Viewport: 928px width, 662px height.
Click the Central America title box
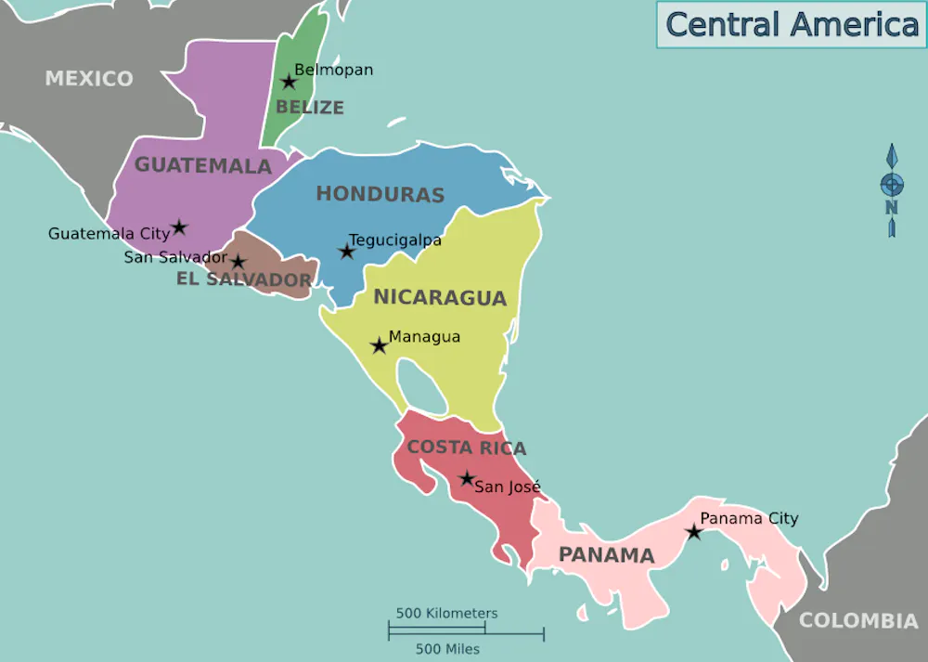point(791,24)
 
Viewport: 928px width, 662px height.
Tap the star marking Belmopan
point(289,82)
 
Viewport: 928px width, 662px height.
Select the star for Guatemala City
point(179,227)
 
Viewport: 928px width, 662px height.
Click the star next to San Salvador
point(238,262)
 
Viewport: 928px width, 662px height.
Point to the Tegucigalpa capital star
point(346,251)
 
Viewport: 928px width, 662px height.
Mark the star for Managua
point(379,345)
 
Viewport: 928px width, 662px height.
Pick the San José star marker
point(467,478)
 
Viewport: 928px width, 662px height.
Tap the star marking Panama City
point(693,532)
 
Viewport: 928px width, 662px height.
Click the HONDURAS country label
point(380,194)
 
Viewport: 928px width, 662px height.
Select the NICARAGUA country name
point(439,298)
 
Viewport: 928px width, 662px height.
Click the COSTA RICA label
point(466,448)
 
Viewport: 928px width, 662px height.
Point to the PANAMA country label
point(606,555)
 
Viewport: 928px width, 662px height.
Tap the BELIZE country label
point(309,108)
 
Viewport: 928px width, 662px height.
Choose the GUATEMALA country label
point(202,165)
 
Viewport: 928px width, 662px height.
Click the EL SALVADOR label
point(244,279)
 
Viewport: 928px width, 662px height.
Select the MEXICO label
point(89,78)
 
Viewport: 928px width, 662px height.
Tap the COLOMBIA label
point(858,620)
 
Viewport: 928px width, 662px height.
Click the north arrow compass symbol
point(891,189)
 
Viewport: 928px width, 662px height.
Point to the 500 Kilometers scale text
point(446,614)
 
